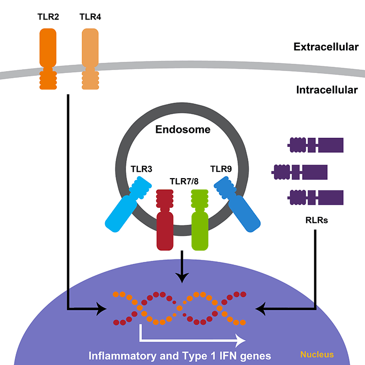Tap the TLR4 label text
pos(90,18)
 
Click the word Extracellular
pos(326,47)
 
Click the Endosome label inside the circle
pos(182,129)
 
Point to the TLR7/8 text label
pos(182,182)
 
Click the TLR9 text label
pos(221,169)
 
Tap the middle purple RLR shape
pos(300,171)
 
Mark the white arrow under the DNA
pos(190,338)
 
